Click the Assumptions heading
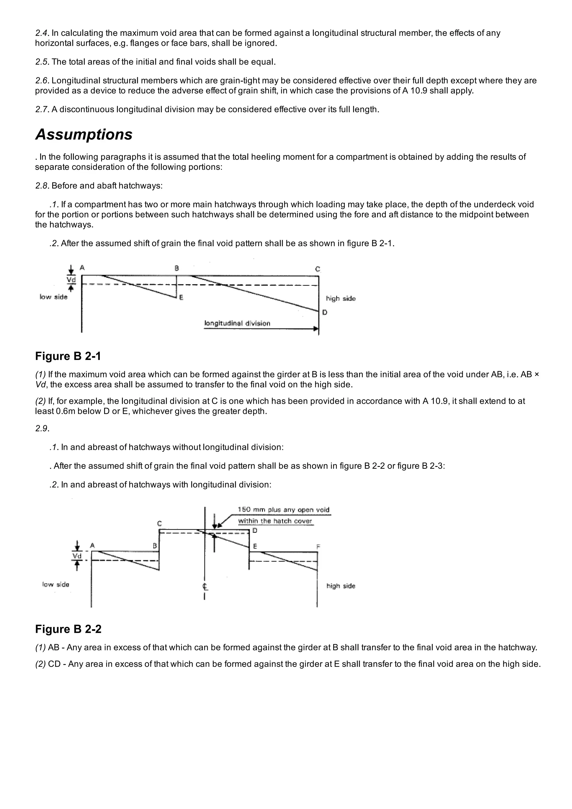tap(84, 135)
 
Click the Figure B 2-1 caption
tap(68, 356)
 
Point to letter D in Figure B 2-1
tap(325, 312)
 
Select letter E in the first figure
tap(181, 298)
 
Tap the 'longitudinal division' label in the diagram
tap(237, 323)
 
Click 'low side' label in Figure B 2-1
tap(53, 297)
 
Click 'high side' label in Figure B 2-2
tap(341, 586)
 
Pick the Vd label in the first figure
tap(71, 280)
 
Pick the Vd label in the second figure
tap(77, 556)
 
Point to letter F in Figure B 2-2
tap(318, 547)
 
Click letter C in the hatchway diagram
tap(160, 524)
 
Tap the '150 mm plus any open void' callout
tap(283, 510)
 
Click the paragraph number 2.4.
tap(42, 33)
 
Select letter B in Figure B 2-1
tap(177, 268)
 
